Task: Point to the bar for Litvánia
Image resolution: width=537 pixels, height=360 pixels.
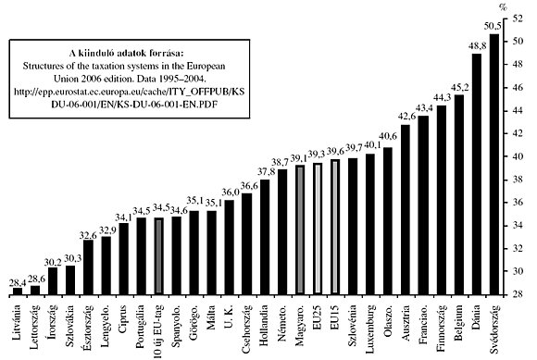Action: click(18, 291)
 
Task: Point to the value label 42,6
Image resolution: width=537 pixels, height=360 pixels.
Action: click(405, 116)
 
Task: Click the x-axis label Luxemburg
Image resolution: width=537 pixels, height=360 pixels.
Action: click(371, 328)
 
